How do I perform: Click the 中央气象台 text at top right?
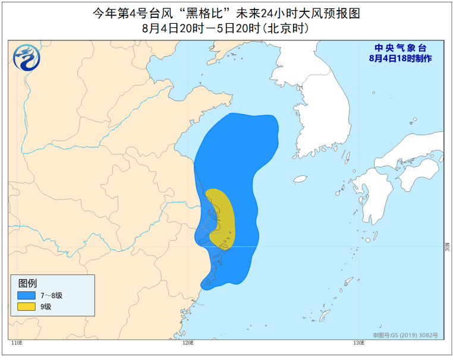point(400,48)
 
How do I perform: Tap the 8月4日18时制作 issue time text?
point(400,58)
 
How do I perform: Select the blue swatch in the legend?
point(26,295)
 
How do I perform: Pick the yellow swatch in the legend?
point(26,307)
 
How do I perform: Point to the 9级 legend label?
point(46,307)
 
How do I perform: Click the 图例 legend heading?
point(27,283)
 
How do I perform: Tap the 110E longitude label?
point(16,343)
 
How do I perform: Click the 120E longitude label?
point(188,343)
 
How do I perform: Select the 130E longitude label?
point(358,343)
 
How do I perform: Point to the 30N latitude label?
point(446,245)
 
